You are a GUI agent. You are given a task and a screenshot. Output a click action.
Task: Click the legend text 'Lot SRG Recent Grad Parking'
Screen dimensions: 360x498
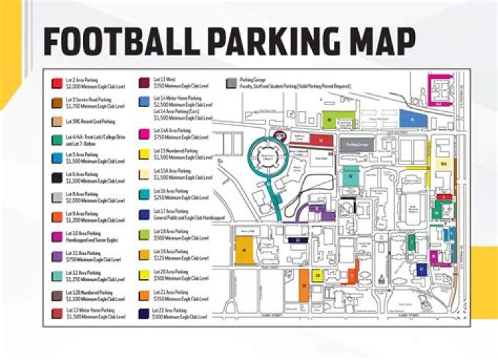tap(90, 122)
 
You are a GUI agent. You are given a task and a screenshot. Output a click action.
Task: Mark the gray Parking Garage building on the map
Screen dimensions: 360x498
tap(358, 145)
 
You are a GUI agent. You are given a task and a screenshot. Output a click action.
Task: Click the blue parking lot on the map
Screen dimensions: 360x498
tap(412, 120)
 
